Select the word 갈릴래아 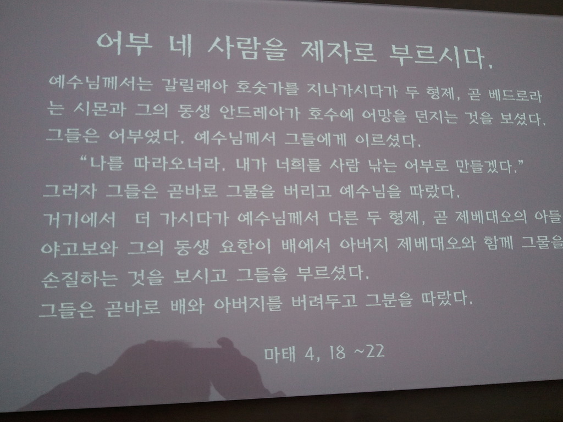click(194, 85)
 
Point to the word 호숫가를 click(267, 87)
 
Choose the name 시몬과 click(100, 108)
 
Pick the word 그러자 click(70, 191)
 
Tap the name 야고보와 click(79, 248)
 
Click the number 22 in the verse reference click(376, 351)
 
